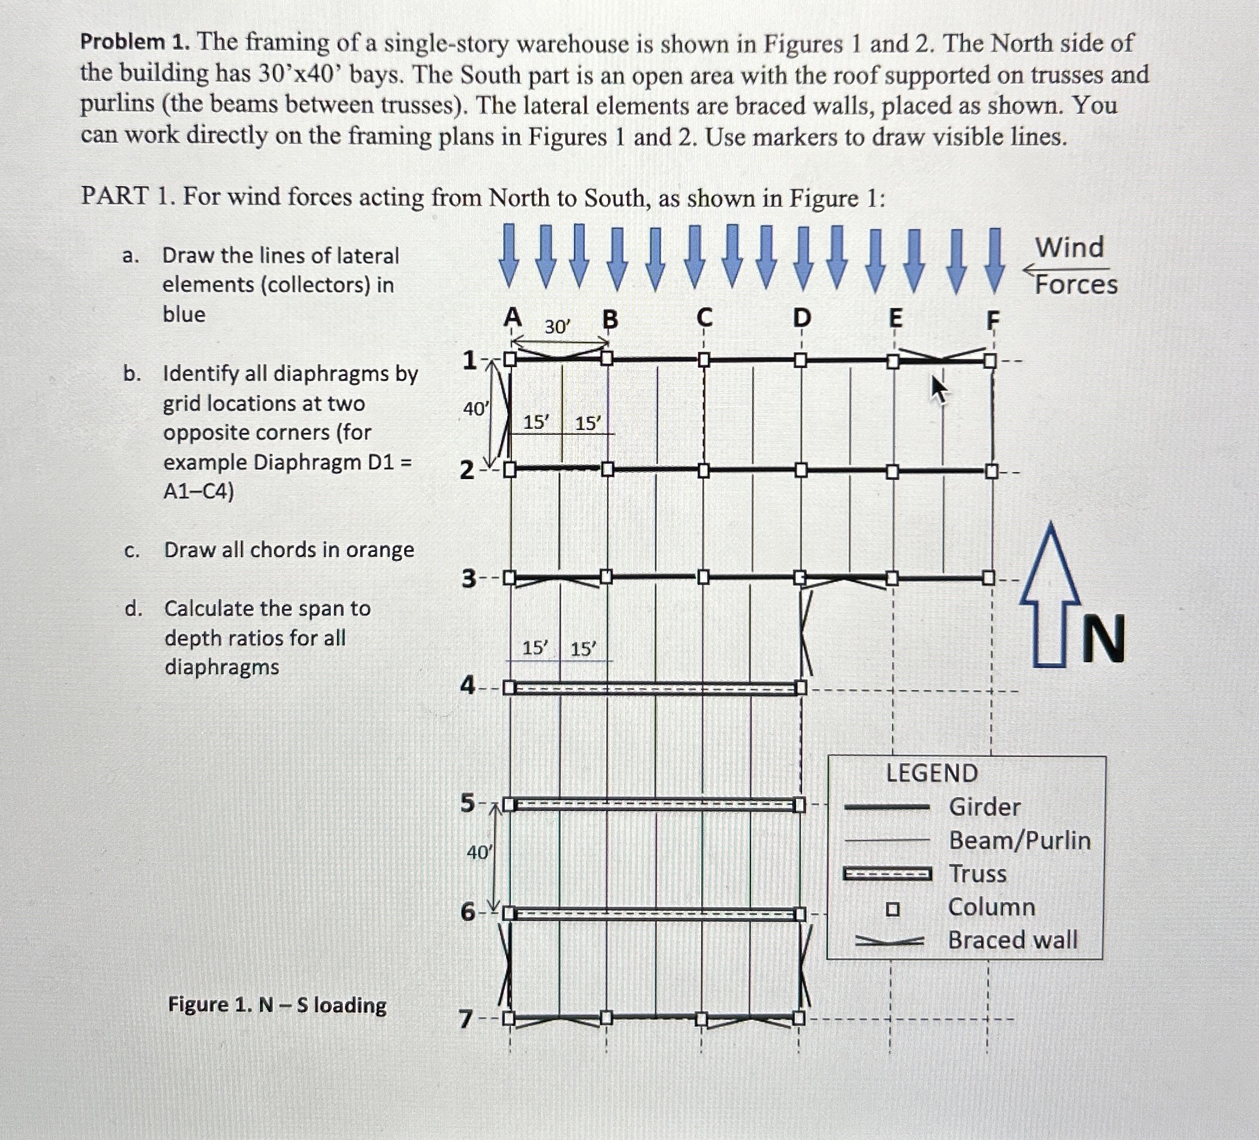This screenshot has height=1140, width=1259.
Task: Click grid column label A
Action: [x=512, y=317]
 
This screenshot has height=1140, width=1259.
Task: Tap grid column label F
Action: [x=992, y=320]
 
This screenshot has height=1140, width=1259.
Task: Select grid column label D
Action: [x=801, y=318]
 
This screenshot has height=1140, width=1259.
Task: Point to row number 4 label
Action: [x=468, y=686]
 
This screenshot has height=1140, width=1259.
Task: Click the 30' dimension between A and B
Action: [x=557, y=327]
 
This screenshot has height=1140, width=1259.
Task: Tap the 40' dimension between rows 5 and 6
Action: [x=479, y=852]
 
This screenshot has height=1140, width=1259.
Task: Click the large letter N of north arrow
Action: [x=1103, y=638]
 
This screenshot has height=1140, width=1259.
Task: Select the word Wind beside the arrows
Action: [x=1070, y=248]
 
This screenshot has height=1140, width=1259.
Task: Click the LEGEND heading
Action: [x=932, y=773]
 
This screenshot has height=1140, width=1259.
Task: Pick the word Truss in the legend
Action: [x=977, y=874]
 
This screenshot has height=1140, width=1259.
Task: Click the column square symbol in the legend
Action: [x=893, y=909]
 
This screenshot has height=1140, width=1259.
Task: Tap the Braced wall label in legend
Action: [x=1012, y=939]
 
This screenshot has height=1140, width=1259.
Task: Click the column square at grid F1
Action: [x=990, y=361]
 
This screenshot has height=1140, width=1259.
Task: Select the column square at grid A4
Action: [x=510, y=688]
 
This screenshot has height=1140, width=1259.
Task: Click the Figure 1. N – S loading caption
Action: [x=277, y=1005]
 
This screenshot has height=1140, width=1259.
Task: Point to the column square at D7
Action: [x=798, y=1019]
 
